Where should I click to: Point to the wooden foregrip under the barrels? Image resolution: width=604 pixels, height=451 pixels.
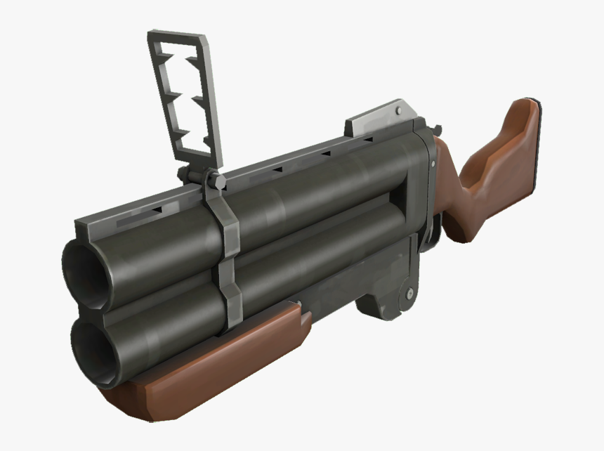(211, 365)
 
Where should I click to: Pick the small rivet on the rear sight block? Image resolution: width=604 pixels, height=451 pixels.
(400, 110)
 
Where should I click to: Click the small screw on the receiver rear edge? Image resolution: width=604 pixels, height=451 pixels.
(433, 164)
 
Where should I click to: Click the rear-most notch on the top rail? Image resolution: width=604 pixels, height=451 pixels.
(367, 140)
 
